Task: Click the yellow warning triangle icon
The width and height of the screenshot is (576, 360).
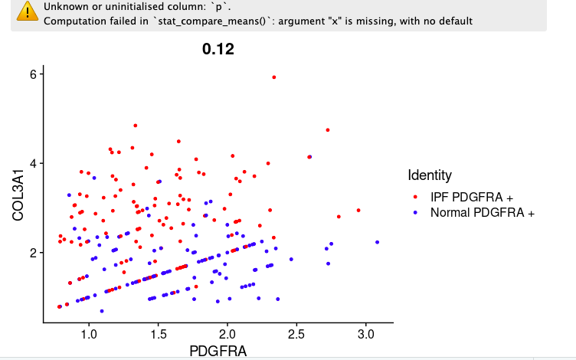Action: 28,11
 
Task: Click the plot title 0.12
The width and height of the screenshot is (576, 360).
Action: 218,50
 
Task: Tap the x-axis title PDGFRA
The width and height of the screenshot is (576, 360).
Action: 218,351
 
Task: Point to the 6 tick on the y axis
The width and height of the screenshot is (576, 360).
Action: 33,74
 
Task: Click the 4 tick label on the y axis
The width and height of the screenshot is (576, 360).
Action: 33,163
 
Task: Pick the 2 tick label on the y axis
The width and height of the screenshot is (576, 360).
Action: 33,253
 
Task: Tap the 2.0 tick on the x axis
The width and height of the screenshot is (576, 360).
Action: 227,335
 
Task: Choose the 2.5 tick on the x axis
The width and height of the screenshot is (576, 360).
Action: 296,335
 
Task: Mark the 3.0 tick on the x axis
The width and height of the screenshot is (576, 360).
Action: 365,335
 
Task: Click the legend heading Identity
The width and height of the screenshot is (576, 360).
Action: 430,175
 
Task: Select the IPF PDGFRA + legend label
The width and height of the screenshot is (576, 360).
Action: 471,198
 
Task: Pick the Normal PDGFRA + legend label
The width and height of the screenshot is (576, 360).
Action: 482,212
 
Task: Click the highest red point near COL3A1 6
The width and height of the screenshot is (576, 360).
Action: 274,77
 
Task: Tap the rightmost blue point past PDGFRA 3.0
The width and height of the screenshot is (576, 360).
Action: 377,242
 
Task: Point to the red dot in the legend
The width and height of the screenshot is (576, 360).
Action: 415,198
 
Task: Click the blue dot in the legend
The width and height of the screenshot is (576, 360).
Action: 415,212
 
